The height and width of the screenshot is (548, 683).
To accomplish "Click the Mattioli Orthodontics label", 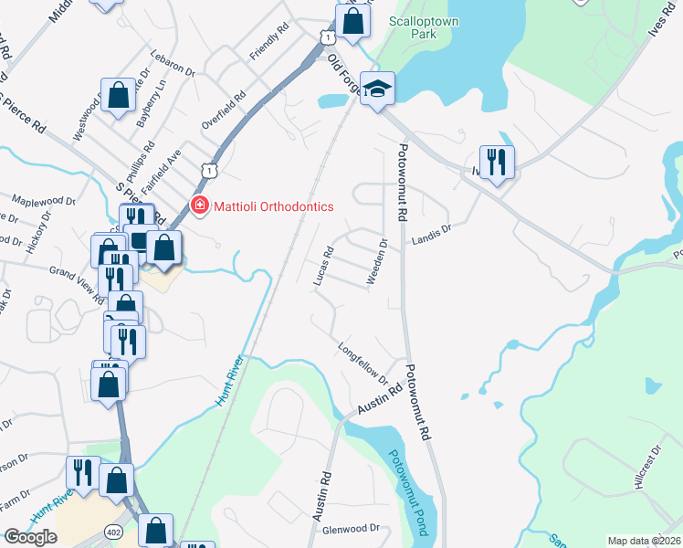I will pyautogui.click(x=272, y=206).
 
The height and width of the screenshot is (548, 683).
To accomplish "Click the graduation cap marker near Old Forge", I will pyautogui.click(x=377, y=90).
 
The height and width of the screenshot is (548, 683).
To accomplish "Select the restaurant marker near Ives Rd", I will pyautogui.click(x=497, y=163).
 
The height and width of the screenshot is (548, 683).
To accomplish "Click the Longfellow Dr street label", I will pyautogui.click(x=363, y=363).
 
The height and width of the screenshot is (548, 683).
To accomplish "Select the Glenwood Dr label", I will pyautogui.click(x=351, y=529).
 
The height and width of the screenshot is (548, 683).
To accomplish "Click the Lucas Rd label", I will pyautogui.click(x=323, y=266).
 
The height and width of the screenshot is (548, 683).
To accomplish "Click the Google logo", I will pyautogui.click(x=30, y=536).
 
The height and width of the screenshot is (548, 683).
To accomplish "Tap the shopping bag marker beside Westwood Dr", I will pyautogui.click(x=118, y=95).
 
